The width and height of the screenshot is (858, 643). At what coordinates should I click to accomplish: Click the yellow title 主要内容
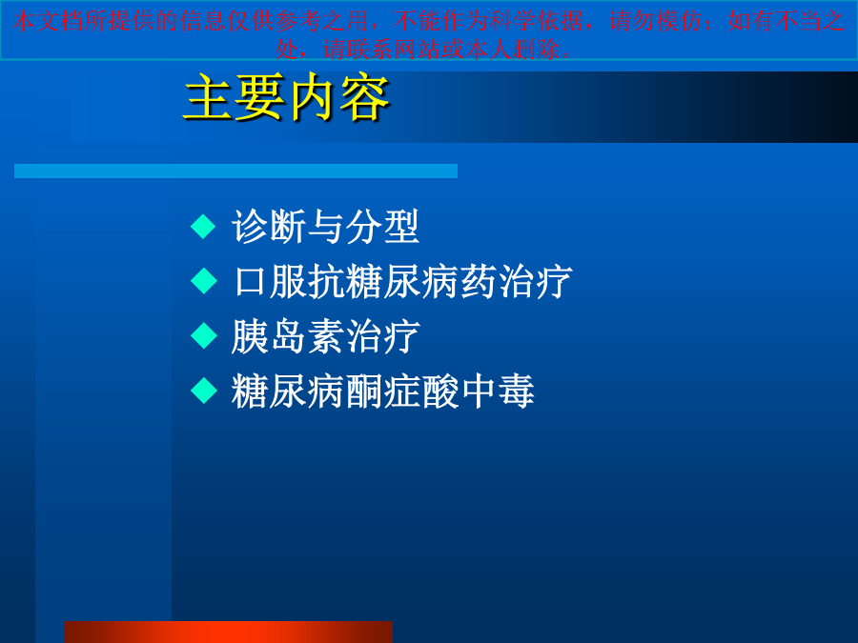pyautogui.click(x=287, y=97)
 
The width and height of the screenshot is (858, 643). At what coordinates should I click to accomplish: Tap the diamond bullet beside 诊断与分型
pyautogui.click(x=204, y=227)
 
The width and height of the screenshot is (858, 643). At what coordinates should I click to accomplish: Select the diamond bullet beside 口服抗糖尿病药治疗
pyautogui.click(x=204, y=281)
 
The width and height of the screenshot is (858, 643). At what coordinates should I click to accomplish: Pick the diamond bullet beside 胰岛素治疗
pyautogui.click(x=204, y=335)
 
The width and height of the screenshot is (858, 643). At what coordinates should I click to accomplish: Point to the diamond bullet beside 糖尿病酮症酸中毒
pyautogui.click(x=204, y=391)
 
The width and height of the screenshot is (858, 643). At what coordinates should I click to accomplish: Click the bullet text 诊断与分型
pyautogui.click(x=326, y=227)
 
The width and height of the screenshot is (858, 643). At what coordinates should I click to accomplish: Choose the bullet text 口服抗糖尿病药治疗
pyautogui.click(x=402, y=282)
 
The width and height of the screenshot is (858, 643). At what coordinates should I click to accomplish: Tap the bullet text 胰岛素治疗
pyautogui.click(x=326, y=336)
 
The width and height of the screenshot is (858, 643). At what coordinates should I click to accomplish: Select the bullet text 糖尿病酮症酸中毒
pyautogui.click(x=383, y=391)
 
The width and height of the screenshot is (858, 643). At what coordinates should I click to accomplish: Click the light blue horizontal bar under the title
pyautogui.click(x=235, y=171)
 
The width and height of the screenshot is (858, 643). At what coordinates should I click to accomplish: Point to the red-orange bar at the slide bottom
pyautogui.click(x=228, y=633)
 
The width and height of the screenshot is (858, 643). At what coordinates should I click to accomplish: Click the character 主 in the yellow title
pyautogui.click(x=209, y=98)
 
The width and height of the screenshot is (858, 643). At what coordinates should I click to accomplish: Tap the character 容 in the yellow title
pyautogui.click(x=365, y=98)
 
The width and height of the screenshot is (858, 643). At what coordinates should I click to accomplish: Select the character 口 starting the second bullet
pyautogui.click(x=250, y=282)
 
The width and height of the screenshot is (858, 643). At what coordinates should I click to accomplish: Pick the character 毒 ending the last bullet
pyautogui.click(x=516, y=391)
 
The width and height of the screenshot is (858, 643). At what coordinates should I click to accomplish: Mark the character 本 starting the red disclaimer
pyautogui.click(x=23, y=21)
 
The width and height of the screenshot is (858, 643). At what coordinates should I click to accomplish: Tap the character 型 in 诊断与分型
pyautogui.click(x=401, y=227)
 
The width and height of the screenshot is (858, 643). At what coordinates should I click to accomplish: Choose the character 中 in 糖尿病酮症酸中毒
pyautogui.click(x=478, y=391)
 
